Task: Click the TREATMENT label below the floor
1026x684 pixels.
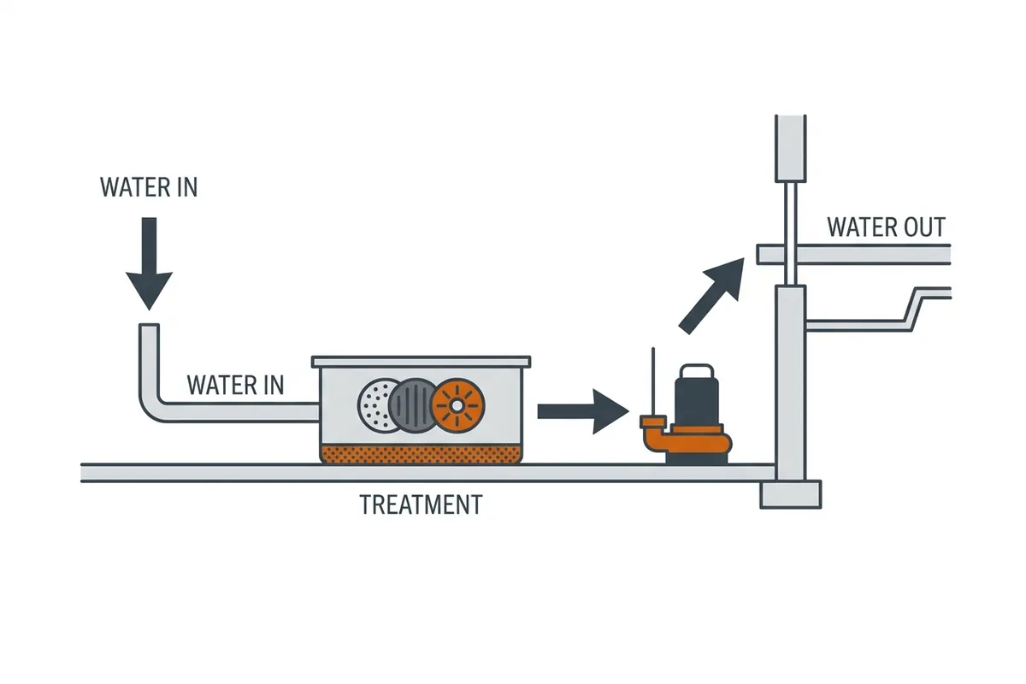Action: click(x=421, y=504)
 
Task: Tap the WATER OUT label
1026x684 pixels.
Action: click(x=887, y=227)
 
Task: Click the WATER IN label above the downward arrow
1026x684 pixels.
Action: click(x=149, y=187)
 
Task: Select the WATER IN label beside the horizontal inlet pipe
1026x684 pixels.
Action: click(x=235, y=385)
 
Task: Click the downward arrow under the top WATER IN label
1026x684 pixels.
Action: click(x=150, y=263)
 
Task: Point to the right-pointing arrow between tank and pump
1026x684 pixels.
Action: click(x=583, y=411)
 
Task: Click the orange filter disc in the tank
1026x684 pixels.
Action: click(x=457, y=405)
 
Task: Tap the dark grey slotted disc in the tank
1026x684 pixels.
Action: click(x=413, y=405)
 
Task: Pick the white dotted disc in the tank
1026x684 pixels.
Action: click(x=374, y=405)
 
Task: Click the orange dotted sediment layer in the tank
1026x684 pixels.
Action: click(x=421, y=454)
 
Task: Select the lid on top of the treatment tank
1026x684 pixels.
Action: click(x=421, y=362)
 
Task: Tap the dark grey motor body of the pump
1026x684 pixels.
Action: click(x=697, y=401)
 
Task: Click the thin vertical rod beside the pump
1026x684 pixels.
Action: click(x=653, y=381)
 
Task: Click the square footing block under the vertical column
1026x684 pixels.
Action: click(x=791, y=494)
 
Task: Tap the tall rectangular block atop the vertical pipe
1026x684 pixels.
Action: click(x=791, y=149)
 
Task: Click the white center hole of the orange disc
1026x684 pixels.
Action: click(x=457, y=405)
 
